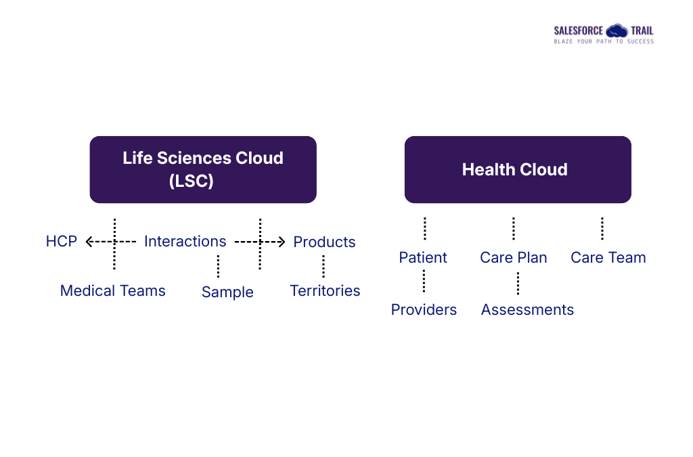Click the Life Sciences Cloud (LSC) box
point(203,169)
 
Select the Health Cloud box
point(518,169)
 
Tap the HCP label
point(62,242)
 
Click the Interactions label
point(185,242)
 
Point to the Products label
point(324,242)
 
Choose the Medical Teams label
point(113,291)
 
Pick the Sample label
point(227,292)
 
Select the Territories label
point(325,291)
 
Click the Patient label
point(423,258)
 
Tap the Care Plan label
point(514,258)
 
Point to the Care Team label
point(608,258)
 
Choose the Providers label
point(424,310)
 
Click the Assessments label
point(527,310)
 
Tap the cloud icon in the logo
point(617,30)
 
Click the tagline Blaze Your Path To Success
point(604,42)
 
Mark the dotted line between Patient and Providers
point(424,281)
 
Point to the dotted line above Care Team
point(602,229)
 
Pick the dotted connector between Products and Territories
point(323,266)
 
